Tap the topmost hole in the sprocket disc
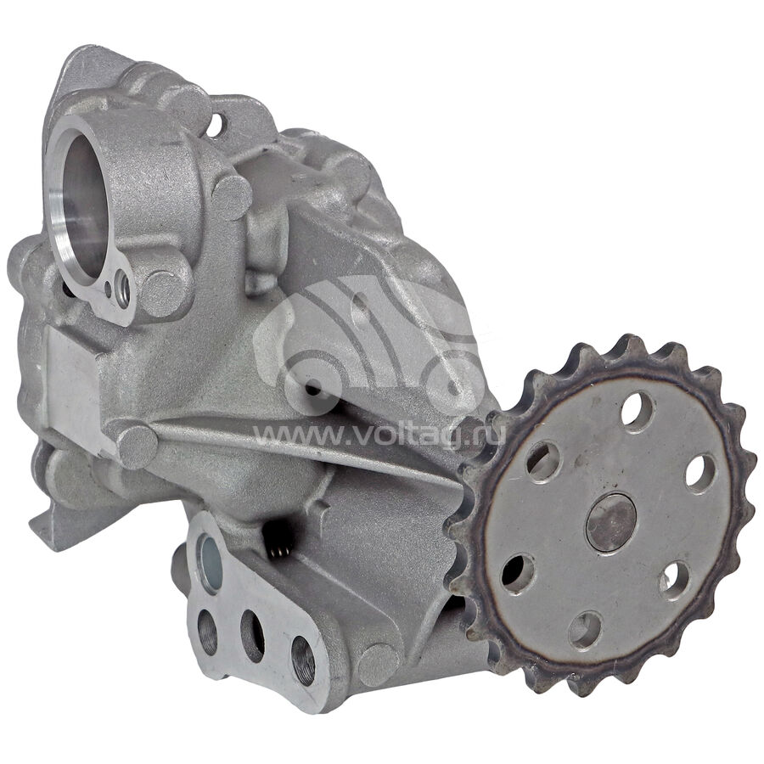pos(638,413)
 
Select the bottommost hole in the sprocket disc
pos(586,630)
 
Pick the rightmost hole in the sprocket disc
pos(701,474)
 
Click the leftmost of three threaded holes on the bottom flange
pos(208,632)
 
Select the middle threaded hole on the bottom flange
pos(252,636)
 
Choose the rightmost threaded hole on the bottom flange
pos(302,660)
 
